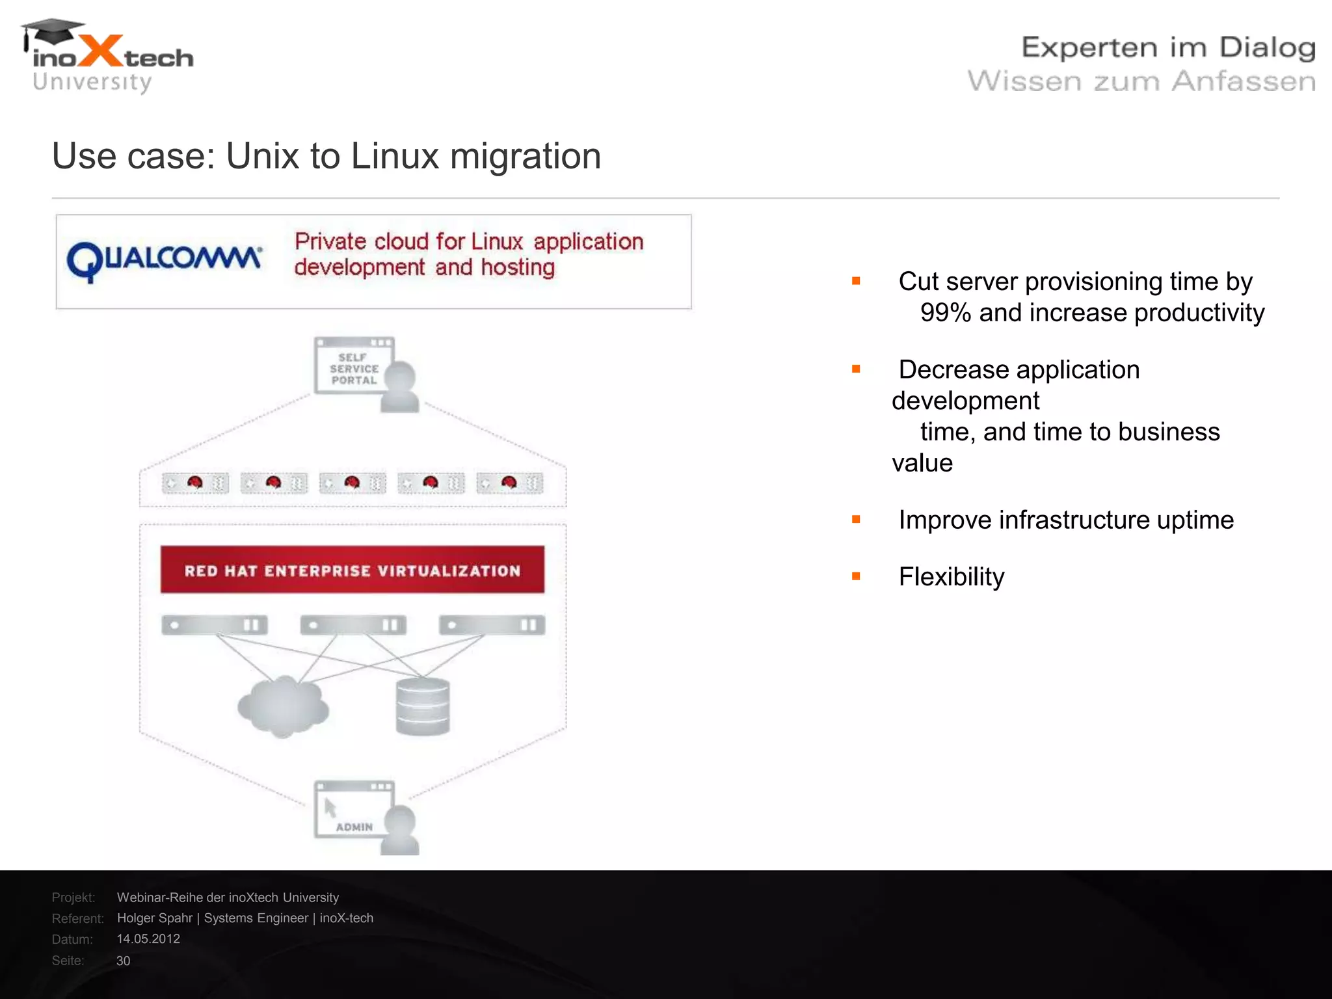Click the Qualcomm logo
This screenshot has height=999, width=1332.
coord(164,260)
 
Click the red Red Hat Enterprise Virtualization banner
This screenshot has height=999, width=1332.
coord(352,570)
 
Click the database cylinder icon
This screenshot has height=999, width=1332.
coord(423,706)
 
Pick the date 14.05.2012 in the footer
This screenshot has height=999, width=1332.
coord(148,939)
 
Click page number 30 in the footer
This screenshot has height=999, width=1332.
coord(123,961)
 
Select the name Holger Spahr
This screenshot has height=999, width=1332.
coord(155,918)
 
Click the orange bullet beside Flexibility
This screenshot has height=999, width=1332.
coord(856,576)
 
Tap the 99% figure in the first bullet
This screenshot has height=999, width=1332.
coord(945,313)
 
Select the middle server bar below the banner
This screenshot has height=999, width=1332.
coord(353,625)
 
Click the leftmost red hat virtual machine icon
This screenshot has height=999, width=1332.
coord(195,483)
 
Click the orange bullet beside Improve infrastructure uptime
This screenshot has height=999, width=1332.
coord(856,519)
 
